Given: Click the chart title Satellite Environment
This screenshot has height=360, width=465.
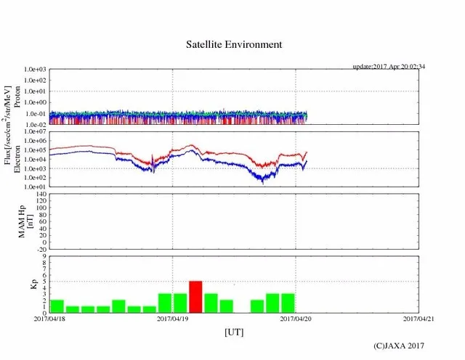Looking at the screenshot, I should tap(233, 44).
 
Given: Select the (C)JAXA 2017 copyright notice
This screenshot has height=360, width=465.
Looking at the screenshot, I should tap(398, 346).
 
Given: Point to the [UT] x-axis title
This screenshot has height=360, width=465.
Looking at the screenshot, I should tap(234, 332).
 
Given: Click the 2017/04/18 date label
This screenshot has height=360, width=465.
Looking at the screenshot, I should tap(49, 319).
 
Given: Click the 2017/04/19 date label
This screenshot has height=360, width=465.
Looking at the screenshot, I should tap(173, 319).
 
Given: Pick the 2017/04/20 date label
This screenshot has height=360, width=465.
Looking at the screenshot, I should tap(296, 319).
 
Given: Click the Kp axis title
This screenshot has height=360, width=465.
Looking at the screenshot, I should tap(33, 285).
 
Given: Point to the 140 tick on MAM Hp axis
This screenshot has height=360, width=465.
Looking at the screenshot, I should tap(41, 195).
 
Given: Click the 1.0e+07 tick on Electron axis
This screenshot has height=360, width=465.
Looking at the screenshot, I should tap(35, 131).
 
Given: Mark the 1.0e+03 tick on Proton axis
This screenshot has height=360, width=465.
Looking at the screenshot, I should tap(35, 69).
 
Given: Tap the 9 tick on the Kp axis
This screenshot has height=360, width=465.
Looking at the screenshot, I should tap(44, 256).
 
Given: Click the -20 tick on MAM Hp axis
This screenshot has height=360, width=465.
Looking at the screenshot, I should tap(41, 249).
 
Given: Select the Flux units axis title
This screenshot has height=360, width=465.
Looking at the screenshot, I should tap(9, 128).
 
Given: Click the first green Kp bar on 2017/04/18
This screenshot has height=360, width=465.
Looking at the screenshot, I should tap(57, 306).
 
